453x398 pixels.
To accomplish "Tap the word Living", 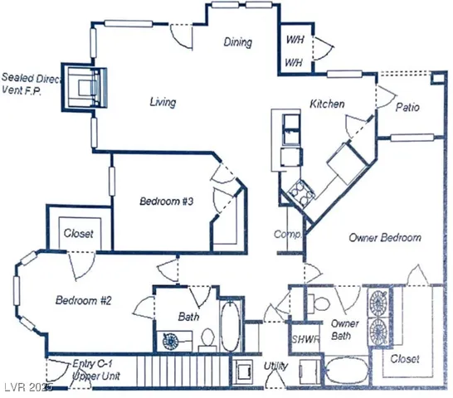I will pyautogui.click(x=163, y=103).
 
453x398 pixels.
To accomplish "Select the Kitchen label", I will pyautogui.click(x=327, y=104).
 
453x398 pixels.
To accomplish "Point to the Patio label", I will pyautogui.click(x=407, y=108).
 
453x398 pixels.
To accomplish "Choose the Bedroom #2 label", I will pyautogui.click(x=83, y=300).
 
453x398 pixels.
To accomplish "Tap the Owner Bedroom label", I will pyautogui.click(x=384, y=237).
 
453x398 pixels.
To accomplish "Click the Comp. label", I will pyautogui.click(x=286, y=235).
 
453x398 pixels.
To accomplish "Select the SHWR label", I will pyautogui.click(x=300, y=339).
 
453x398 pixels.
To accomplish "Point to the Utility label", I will pyautogui.click(x=275, y=365).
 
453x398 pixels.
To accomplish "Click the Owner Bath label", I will pyautogui.click(x=344, y=329).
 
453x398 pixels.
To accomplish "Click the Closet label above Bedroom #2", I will pyautogui.click(x=79, y=234).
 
